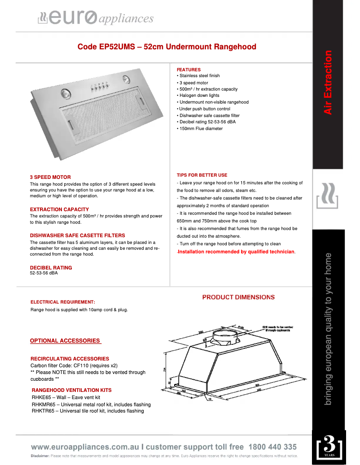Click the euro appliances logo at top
pyautogui.click(x=96, y=18)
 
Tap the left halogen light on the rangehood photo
pyautogui.click(x=66, y=94)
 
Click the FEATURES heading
pyautogui.click(x=189, y=70)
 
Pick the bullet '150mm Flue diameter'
pyautogui.click(x=200, y=129)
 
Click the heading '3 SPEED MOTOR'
pyautogui.click(x=50, y=177)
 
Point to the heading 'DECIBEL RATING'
pyautogui.click(x=51, y=268)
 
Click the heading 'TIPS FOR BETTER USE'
pyautogui.click(x=202, y=175)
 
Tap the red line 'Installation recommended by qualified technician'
pyautogui.click(x=237, y=252)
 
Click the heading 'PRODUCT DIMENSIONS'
pyautogui.click(x=238, y=297)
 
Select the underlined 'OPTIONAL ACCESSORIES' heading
pyautogui.click(x=65, y=341)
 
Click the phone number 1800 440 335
pyautogui.click(x=272, y=447)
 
